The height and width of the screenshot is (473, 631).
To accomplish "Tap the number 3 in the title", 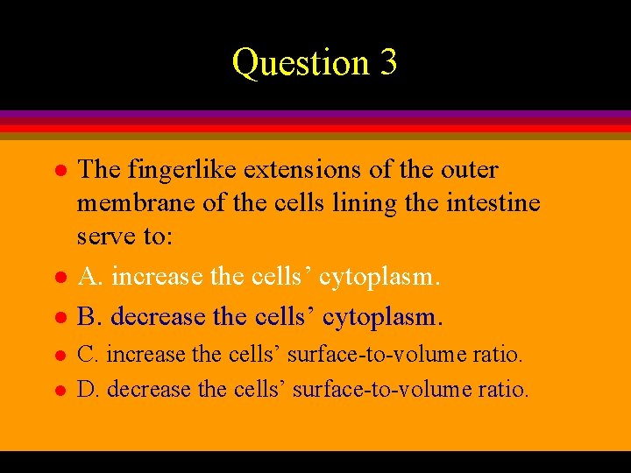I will [387, 63].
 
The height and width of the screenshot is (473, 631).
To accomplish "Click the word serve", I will [105, 237].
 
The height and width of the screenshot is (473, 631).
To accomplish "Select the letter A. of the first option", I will [91, 277].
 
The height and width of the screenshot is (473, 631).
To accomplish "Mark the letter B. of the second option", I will [90, 315].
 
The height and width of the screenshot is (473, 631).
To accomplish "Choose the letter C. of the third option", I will [89, 355].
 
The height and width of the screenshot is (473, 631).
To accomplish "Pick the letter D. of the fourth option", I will [89, 388].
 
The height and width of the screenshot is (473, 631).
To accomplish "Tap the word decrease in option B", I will [160, 315].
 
